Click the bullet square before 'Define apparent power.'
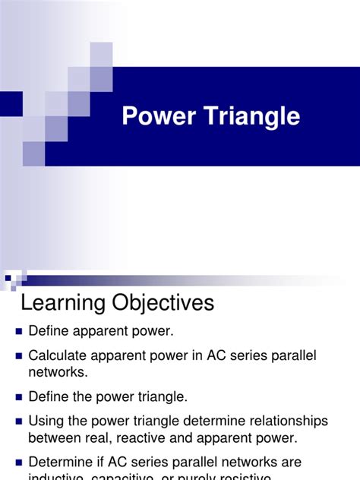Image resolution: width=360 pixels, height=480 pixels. (x=19, y=331)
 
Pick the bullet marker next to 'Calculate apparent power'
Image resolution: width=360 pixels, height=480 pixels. (x=19, y=355)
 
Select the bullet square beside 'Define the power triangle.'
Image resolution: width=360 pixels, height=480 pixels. (x=19, y=396)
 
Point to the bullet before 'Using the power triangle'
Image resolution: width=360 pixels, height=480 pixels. (x=19, y=421)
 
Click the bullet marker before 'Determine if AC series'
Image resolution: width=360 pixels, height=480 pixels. (x=19, y=463)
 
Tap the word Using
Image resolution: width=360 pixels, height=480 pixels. (x=46, y=420)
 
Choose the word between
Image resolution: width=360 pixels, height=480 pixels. (x=54, y=437)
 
